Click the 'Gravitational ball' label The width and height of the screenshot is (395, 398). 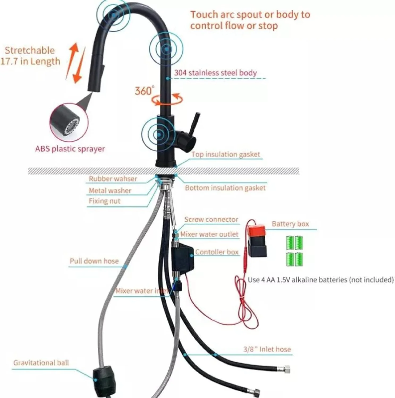click(41, 363)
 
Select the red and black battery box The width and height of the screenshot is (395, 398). click(257, 240)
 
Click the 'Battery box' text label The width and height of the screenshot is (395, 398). click(290, 224)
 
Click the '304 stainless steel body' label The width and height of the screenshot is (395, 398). click(215, 73)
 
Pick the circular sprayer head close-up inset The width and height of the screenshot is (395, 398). click(69, 122)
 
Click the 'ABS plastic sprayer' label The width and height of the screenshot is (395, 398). click(70, 149)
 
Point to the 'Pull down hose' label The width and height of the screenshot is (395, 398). click(94, 261)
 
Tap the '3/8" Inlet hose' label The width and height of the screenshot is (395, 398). click(267, 349)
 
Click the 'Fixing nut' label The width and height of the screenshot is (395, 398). click(104, 201)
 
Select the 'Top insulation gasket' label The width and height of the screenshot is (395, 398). click(226, 154)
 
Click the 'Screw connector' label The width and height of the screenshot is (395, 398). click(211, 219)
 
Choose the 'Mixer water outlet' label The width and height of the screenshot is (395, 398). click(209, 234)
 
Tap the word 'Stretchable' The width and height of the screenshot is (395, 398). click(30, 50)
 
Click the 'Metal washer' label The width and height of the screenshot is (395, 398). click(110, 191)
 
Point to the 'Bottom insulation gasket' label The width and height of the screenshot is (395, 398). click(225, 188)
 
